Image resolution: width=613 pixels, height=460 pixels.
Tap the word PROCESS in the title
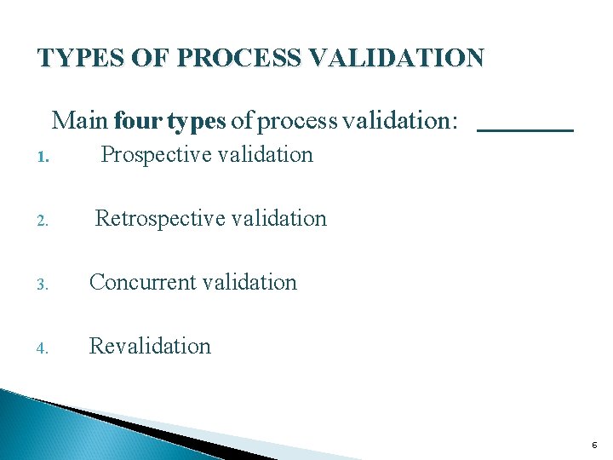(x=253, y=58)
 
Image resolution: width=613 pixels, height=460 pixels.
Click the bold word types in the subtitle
(x=197, y=121)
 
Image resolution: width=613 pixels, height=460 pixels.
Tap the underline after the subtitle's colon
(x=525, y=129)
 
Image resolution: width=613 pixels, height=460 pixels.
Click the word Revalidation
(x=150, y=347)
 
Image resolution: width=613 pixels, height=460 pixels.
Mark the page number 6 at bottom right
(x=593, y=446)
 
